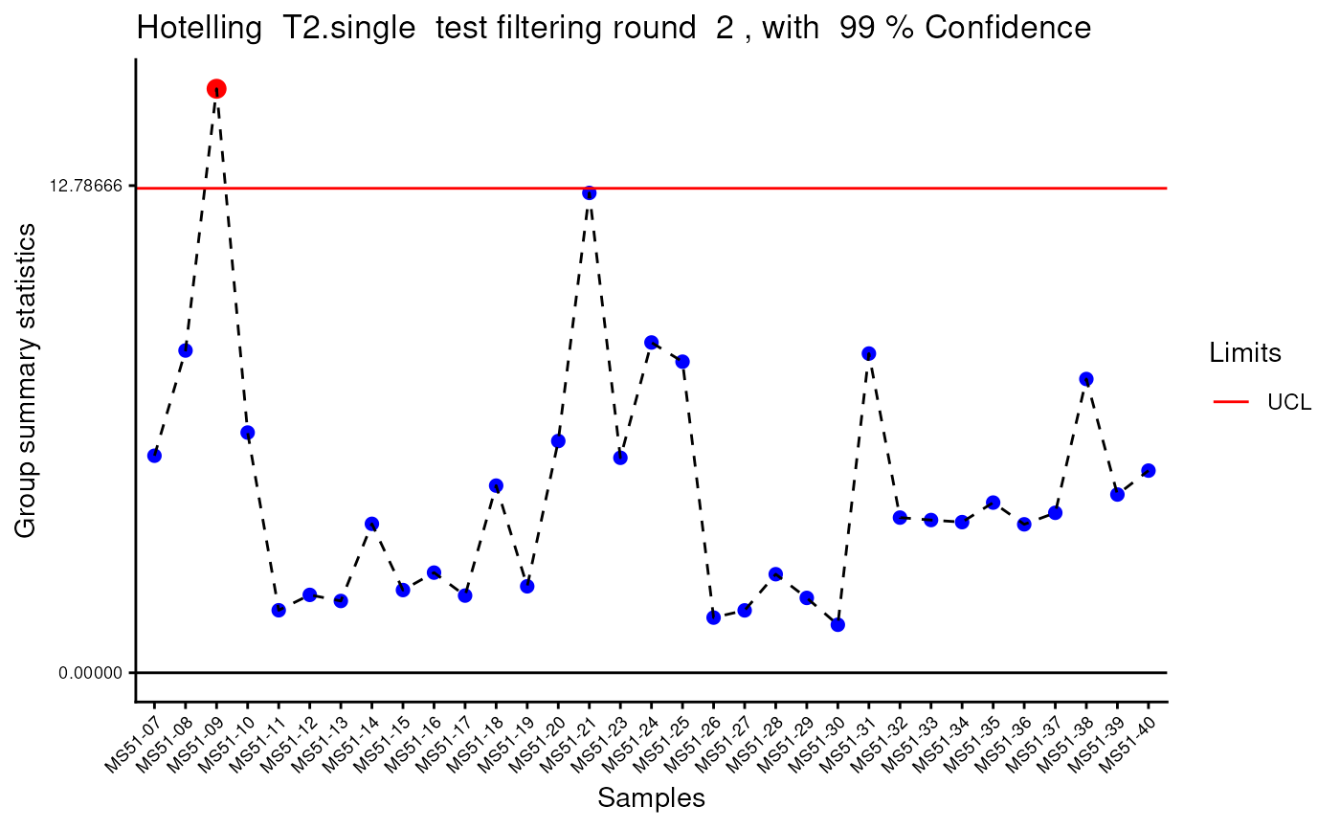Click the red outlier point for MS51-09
216,89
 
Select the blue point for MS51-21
589,192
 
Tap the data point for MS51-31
869,353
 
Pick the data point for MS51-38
1086,379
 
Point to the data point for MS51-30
837,624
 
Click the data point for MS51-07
154,455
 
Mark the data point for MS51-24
651,342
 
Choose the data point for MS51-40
1149,470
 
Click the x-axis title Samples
651,798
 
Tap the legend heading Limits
1245,353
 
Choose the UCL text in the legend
1288,402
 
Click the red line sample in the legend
1231,402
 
